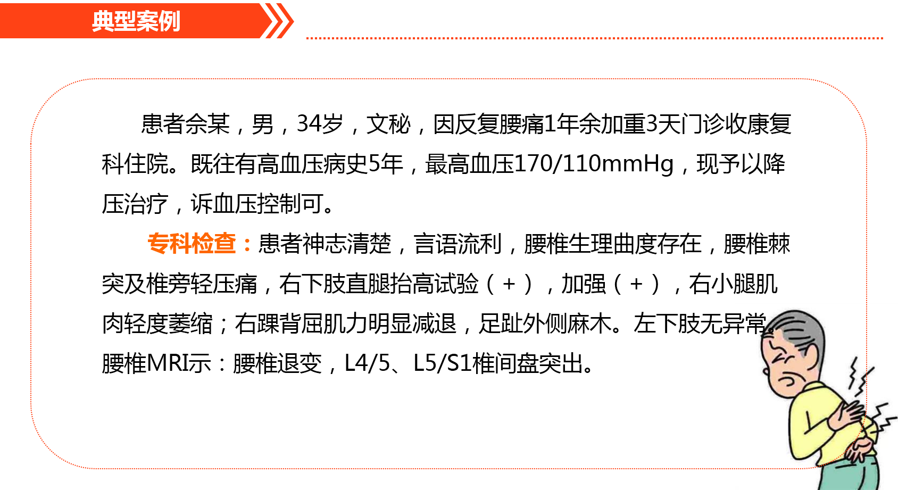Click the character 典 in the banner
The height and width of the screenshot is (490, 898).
pyautogui.click(x=103, y=21)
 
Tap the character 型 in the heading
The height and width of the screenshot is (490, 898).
pyautogui.click(x=124, y=21)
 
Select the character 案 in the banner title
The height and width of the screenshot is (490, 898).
pyautogui.click(x=147, y=21)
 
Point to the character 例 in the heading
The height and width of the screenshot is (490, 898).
pyautogui.click(x=169, y=21)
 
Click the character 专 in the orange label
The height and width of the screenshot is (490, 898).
pyautogui.click(x=159, y=243)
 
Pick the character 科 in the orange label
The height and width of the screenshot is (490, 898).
pyautogui.click(x=181, y=243)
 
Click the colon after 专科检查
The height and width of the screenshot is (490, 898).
pyautogui.click(x=247, y=245)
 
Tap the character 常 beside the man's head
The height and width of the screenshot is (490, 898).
pyautogui.click(x=755, y=323)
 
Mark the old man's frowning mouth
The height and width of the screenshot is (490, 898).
pyautogui.click(x=786, y=381)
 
